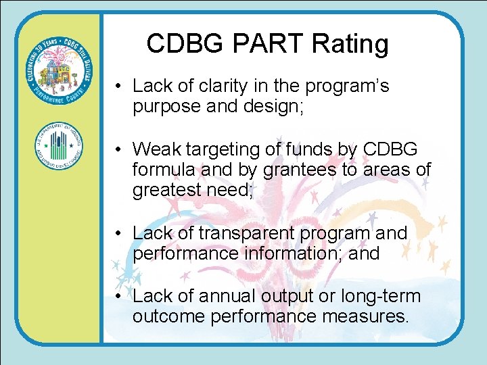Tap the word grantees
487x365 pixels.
click(x=306, y=170)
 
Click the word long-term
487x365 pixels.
click(x=379, y=296)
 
